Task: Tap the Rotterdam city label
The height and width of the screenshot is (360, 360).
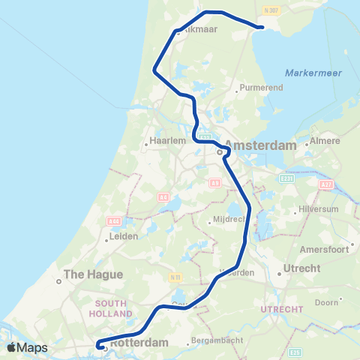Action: tap(139, 343)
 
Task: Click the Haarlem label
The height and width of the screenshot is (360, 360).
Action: tap(163, 140)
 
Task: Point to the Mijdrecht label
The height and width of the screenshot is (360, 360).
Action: tap(229, 220)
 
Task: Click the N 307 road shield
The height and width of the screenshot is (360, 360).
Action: tap(271, 10)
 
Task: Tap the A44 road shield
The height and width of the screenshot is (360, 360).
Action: tap(114, 221)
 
